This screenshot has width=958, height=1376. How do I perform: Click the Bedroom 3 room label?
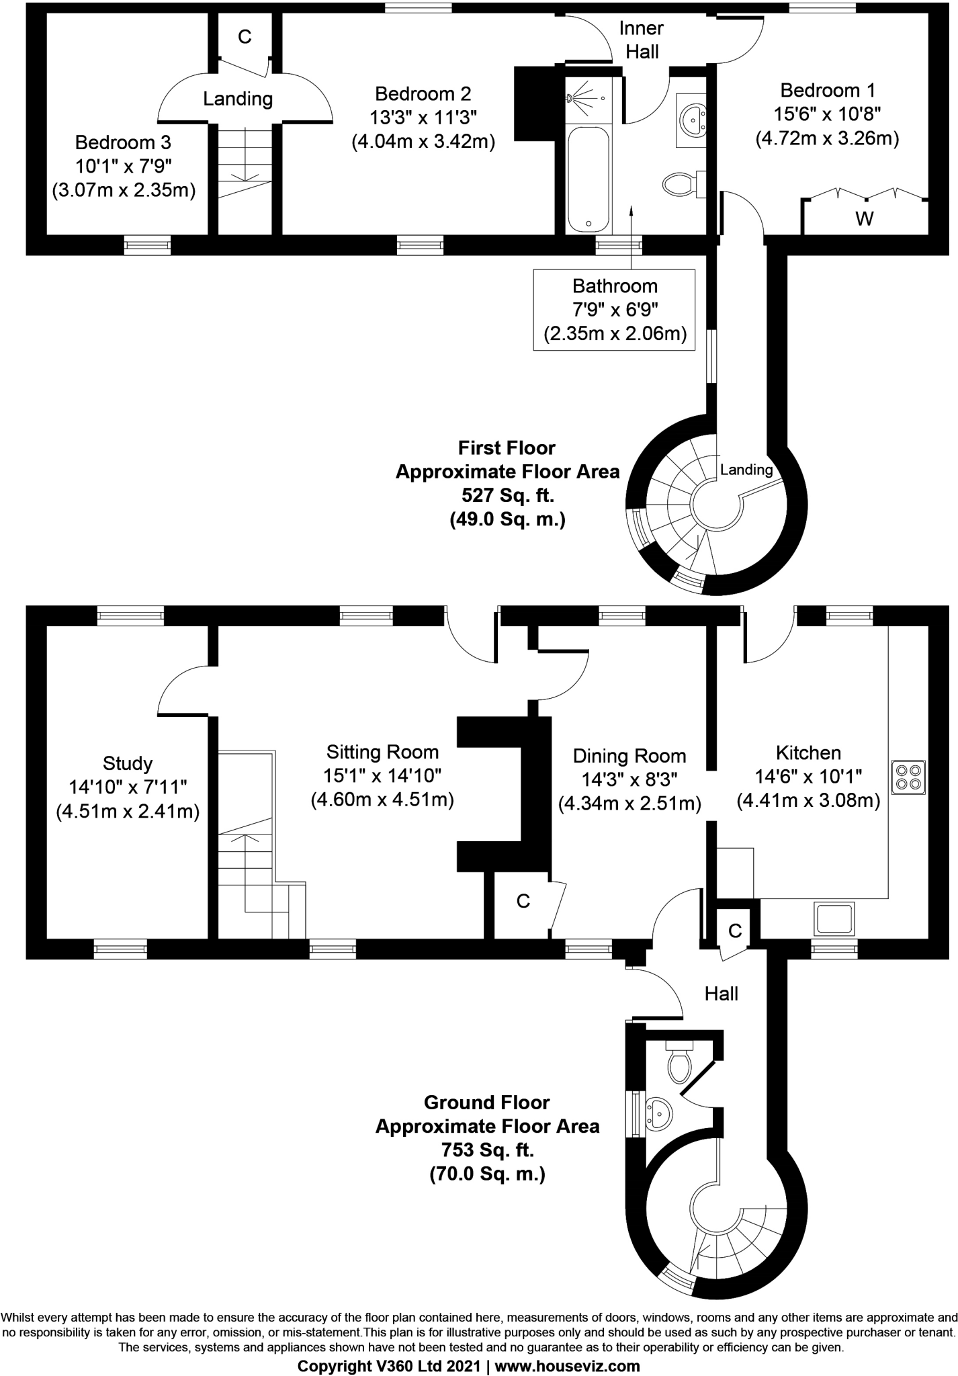coord(123,142)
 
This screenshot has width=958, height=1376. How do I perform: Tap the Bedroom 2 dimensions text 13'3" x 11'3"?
coord(423,118)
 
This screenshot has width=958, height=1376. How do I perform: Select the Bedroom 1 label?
coord(827,90)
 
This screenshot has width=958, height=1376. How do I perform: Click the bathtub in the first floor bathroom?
coord(589,180)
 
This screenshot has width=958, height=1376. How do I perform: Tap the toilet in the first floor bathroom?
coord(680,183)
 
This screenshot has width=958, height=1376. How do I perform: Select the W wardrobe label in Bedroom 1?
coord(865,218)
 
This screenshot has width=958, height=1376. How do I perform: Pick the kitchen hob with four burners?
coord(908,776)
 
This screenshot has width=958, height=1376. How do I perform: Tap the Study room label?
coord(128,763)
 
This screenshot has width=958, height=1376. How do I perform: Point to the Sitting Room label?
coord(382,752)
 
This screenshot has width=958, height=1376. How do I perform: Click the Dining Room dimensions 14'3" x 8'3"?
coord(629,779)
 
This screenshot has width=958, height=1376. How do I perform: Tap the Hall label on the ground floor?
coord(722,994)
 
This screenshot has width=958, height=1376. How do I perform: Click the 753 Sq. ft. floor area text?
coord(487,1150)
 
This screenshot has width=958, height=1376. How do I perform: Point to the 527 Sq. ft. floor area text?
coord(507,496)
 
